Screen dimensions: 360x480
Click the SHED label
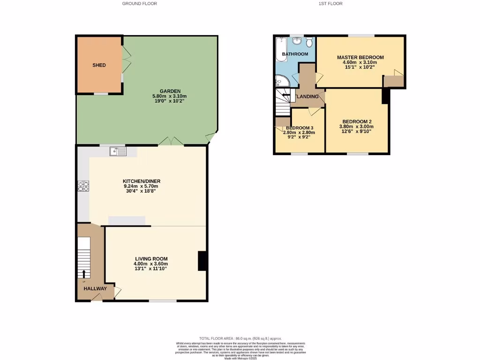(99, 65)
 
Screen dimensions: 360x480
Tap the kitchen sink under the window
(118, 151)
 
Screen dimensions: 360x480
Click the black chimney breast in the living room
(202, 261)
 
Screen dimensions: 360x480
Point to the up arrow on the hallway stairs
(84, 274)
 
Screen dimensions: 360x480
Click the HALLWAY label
(95, 289)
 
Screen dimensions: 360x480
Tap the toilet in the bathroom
(309, 43)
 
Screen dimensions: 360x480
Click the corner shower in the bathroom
(282, 82)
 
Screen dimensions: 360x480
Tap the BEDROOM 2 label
(356, 121)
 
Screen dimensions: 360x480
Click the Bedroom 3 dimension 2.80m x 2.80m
(299, 133)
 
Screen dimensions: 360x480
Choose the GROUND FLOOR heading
(139, 4)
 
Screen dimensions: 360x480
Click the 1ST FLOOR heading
(330, 4)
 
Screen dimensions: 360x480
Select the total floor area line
(240, 338)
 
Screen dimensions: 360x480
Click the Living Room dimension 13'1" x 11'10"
(151, 269)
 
